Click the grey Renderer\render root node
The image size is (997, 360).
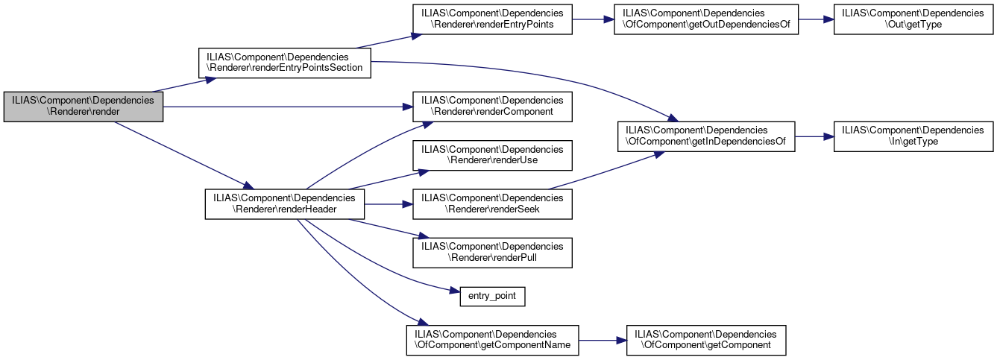click(84, 106)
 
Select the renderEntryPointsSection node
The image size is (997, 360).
click(284, 61)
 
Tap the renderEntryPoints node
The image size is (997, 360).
click(493, 20)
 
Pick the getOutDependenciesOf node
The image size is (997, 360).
click(705, 20)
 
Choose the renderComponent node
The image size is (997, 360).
click(493, 106)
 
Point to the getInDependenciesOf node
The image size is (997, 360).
click(705, 136)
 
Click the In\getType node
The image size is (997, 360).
click(913, 136)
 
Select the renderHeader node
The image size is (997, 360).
click(284, 203)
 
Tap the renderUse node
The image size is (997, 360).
click(493, 154)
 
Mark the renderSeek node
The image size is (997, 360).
click(493, 203)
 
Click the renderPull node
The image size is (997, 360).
click(493, 252)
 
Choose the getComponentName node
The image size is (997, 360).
click(492, 339)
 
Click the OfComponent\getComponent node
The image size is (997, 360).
click(705, 339)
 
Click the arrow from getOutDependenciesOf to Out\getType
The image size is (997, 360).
click(815, 20)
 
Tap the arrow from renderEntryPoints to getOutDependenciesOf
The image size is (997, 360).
click(592, 20)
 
